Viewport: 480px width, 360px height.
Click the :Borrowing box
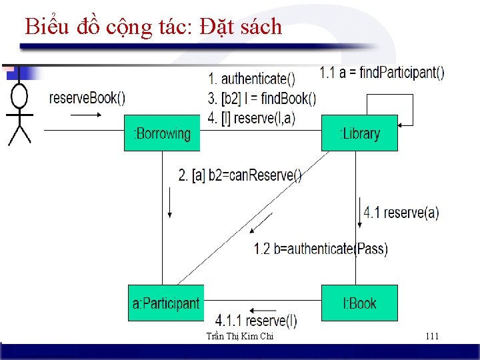coord(162,133)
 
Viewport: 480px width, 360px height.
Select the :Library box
coord(359,133)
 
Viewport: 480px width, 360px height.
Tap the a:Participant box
coord(165,303)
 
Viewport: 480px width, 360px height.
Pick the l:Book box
coord(359,303)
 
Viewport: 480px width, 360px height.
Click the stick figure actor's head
coord(20,97)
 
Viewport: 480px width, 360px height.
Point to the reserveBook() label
coord(87,98)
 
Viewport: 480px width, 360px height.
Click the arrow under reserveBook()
coord(85,115)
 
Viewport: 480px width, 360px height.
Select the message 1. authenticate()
coord(252,79)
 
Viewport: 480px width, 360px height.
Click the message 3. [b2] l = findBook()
coord(262,99)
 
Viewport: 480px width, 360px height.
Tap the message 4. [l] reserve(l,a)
coord(251,118)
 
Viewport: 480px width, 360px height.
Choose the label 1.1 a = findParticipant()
coord(382,73)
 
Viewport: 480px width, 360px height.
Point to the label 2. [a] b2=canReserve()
coord(240,175)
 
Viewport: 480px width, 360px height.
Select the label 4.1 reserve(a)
coord(401,213)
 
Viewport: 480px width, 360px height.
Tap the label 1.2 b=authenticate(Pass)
coord(321,249)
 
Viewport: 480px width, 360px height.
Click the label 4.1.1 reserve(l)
coord(256,321)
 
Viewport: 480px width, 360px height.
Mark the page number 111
coord(432,336)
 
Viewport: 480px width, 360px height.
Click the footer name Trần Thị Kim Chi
coord(240,337)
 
